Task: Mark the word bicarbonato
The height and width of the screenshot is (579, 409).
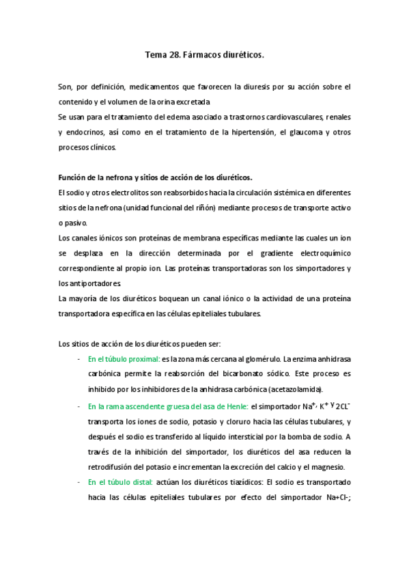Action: [229, 374]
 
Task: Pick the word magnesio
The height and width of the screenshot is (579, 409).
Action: [326, 467]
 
